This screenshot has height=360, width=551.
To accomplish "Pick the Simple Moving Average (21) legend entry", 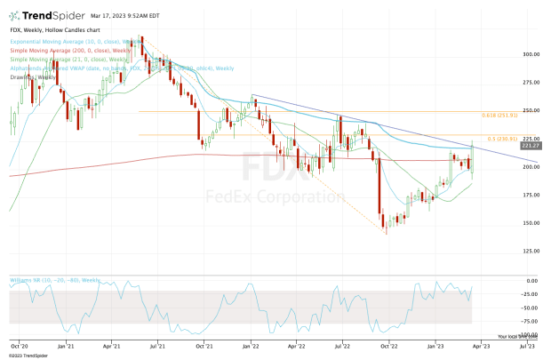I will (53, 59).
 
